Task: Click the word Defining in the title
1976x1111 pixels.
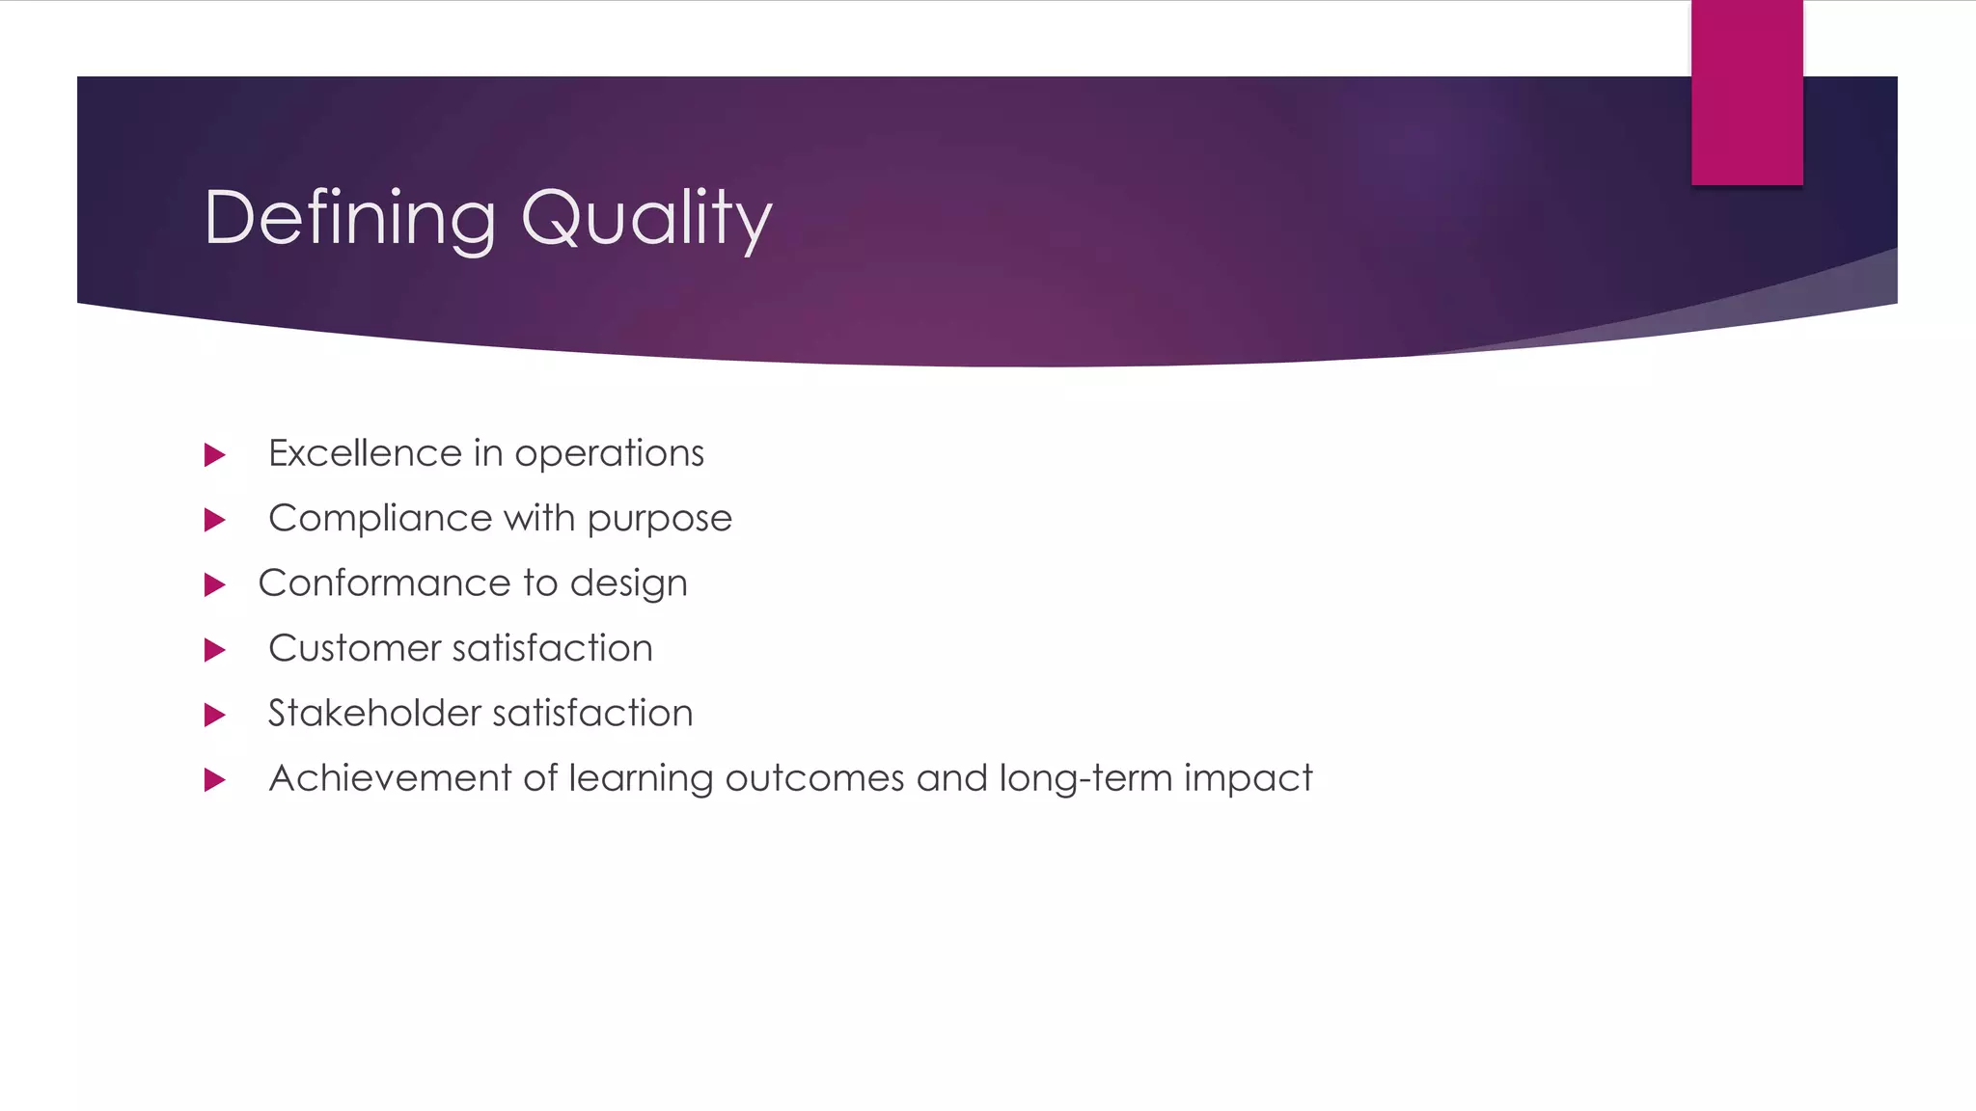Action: click(349, 219)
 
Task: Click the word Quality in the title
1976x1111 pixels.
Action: click(645, 219)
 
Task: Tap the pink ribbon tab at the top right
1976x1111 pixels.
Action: click(1746, 92)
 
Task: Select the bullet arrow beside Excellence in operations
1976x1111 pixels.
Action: click(215, 454)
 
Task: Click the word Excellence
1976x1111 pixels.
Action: click(365, 453)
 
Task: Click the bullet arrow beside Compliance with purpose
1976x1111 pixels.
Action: click(215, 520)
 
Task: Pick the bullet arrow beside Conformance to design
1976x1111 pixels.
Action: click(215, 584)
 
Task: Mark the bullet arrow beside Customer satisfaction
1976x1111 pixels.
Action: click(215, 650)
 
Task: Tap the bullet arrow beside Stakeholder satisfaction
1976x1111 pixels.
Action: click(215, 715)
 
